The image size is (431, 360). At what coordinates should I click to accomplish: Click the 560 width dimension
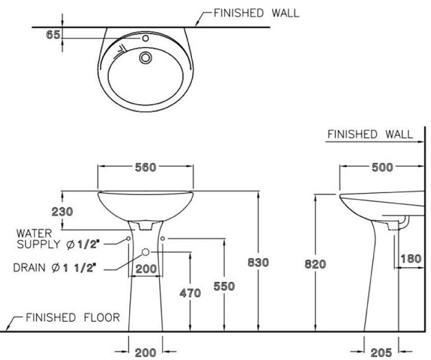145,167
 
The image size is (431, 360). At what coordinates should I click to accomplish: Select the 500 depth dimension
382,167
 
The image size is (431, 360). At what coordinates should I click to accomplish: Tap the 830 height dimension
258,263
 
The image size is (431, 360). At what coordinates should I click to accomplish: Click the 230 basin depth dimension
61,211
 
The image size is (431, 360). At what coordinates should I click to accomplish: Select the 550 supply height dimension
224,286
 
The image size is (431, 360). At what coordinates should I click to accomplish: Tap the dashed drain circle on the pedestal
145,252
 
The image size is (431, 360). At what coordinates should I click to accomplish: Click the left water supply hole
128,239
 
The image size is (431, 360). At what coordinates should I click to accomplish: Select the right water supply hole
163,239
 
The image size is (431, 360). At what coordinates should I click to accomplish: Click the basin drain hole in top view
146,57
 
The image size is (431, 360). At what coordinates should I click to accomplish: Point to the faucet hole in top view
145,38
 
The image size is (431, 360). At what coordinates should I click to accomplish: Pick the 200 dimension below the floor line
145,352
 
